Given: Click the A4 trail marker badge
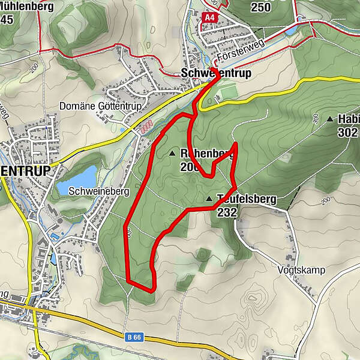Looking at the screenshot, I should coord(209,18).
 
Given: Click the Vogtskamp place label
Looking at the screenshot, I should coord(302,270).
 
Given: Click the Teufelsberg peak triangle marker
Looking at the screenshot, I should coord(209,199).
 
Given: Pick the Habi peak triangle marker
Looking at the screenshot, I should coord(330,119).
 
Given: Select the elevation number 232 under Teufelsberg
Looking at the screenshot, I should coord(227,212).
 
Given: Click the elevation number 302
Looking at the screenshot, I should coord(347,133).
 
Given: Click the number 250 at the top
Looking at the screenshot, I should coord(261,7).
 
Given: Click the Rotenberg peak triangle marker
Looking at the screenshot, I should coord(173,154).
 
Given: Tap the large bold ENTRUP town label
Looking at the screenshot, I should coord(25,170).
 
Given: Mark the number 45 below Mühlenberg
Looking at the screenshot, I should coord(7,19).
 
